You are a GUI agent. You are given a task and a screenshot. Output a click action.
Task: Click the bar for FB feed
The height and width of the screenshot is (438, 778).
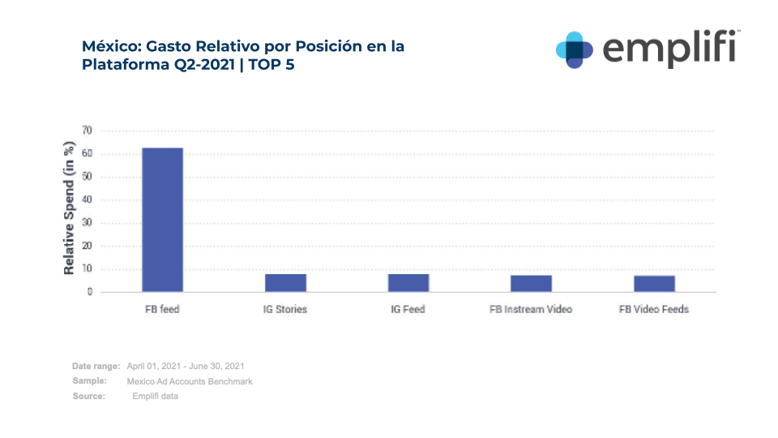pyautogui.click(x=162, y=220)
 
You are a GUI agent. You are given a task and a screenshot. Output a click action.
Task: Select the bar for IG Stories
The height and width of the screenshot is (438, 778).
pyautogui.click(x=285, y=283)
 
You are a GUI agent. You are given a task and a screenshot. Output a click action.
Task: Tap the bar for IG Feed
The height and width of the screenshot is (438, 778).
pyautogui.click(x=408, y=283)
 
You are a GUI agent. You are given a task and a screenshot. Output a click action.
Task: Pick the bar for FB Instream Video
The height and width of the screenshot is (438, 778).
pyautogui.click(x=531, y=284)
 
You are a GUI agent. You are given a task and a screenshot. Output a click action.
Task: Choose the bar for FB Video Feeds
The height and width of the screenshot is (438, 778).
pyautogui.click(x=654, y=284)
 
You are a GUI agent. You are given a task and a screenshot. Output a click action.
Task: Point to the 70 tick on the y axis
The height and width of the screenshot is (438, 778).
pyautogui.click(x=87, y=131)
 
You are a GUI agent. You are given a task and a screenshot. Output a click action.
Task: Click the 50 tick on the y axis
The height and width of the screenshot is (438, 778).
pyautogui.click(x=87, y=177)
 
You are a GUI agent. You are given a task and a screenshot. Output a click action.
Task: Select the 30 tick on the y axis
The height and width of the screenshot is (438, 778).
pyautogui.click(x=87, y=223)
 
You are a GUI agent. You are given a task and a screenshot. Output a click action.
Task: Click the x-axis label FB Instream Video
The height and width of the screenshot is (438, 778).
pyautogui.click(x=531, y=310)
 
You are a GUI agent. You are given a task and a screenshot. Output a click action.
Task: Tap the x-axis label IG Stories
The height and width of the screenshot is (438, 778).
pyautogui.click(x=285, y=310)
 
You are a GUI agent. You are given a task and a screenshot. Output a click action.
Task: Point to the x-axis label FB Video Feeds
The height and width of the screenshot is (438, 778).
pyautogui.click(x=654, y=310)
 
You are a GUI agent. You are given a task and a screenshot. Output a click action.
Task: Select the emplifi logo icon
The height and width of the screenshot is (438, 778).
pyautogui.click(x=574, y=49)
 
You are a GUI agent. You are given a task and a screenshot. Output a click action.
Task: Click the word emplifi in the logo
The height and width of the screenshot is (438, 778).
pyautogui.click(x=669, y=49)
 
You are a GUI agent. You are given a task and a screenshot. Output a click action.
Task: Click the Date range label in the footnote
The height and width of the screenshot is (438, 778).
pyautogui.click(x=96, y=367)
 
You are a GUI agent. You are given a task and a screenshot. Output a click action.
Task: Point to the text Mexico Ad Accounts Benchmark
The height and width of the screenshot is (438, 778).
pyautogui.click(x=189, y=381)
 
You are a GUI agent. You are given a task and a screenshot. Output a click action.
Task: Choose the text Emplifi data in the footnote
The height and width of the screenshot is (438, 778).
pyautogui.click(x=155, y=396)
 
